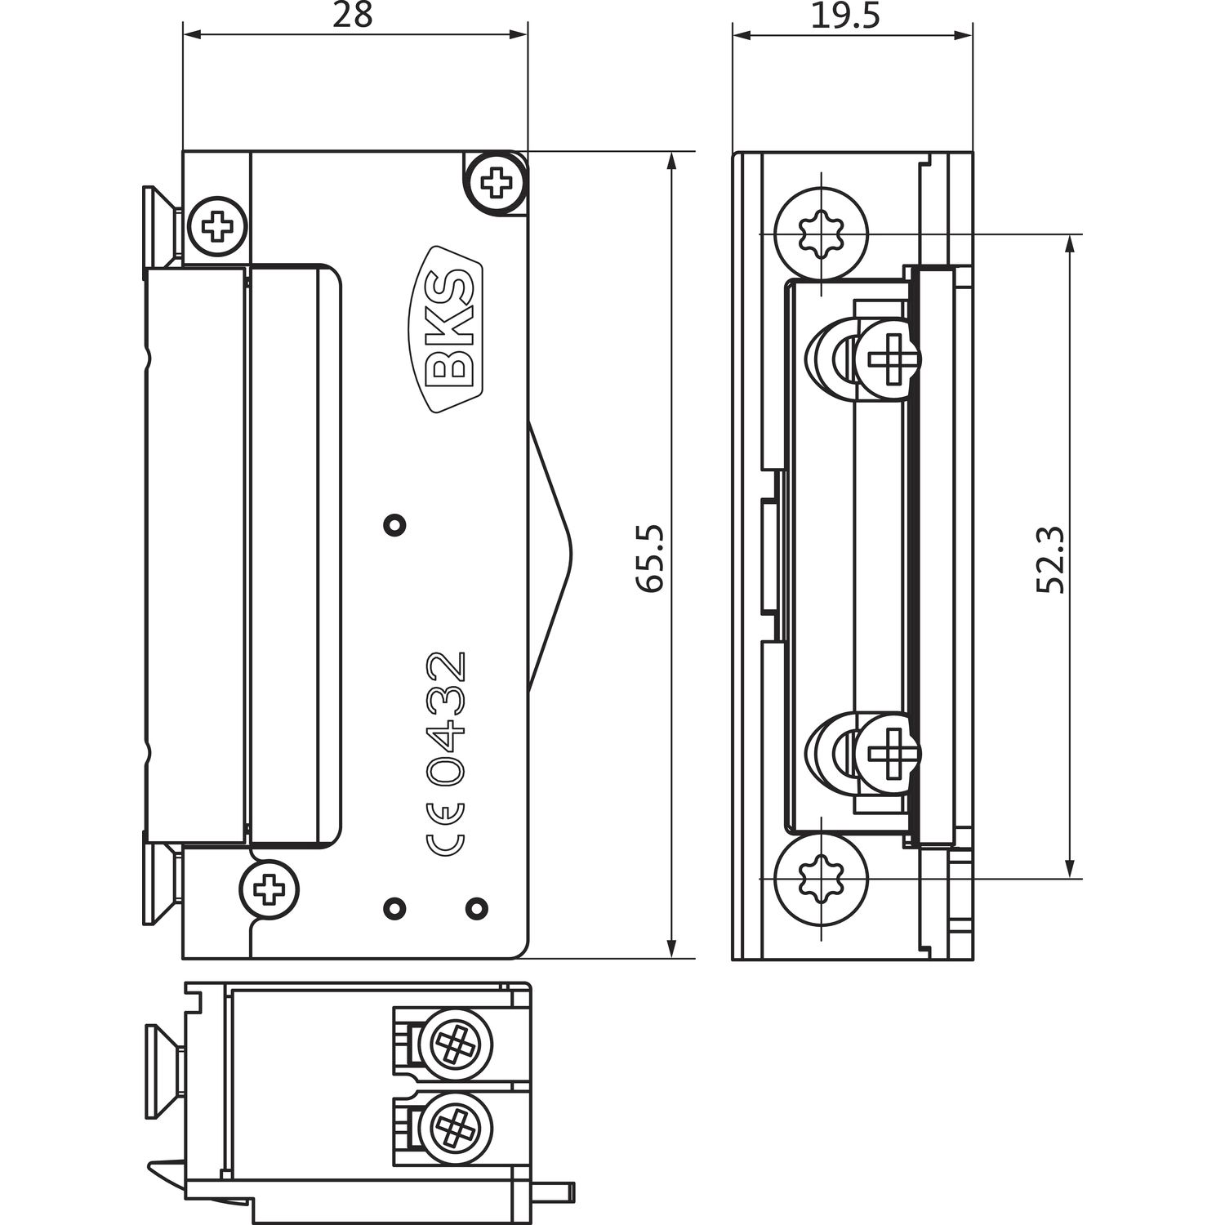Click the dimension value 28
tap(354, 16)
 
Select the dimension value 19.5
tap(844, 16)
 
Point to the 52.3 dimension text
tap(1050, 559)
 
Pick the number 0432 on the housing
tap(448, 719)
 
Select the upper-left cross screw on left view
tap(216, 225)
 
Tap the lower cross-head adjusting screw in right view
tap(885, 750)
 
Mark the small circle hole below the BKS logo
tap(395, 524)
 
